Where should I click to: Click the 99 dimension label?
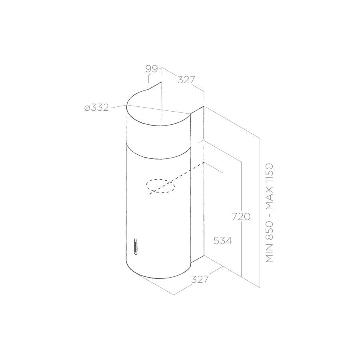point(152,69)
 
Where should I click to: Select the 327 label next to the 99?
point(186,80)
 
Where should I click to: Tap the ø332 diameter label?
point(96,108)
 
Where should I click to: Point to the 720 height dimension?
point(241,216)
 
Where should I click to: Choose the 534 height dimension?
point(223,241)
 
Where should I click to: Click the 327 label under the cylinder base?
point(200,280)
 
